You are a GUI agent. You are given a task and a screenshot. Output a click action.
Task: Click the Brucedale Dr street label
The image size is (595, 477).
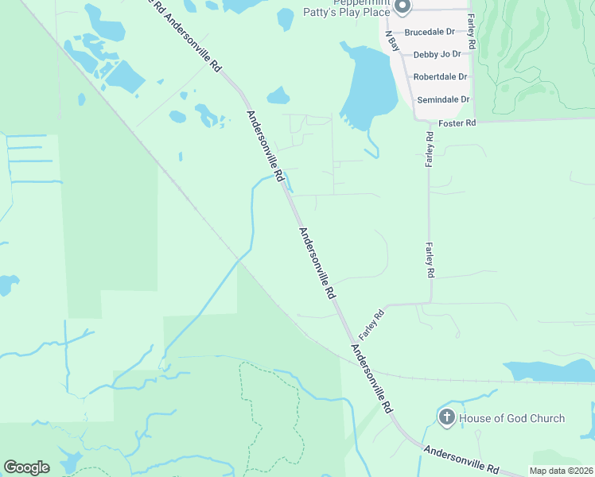coord(429,33)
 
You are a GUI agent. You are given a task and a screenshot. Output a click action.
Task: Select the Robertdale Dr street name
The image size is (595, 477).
coord(440,77)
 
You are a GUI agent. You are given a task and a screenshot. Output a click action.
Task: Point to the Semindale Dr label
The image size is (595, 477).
coord(442,99)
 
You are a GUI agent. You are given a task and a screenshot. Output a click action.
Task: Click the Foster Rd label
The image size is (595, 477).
coord(457,123)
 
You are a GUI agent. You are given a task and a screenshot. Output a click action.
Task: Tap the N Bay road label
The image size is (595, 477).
coord(391,41)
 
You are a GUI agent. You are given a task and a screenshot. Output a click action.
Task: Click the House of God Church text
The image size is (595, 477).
coord(513,418)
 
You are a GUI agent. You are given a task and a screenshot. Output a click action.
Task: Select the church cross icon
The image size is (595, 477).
coord(447,417)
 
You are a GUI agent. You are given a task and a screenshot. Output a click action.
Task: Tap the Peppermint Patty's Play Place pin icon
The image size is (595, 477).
coord(402,7)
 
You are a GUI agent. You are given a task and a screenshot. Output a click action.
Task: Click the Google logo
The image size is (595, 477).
coord(26,467)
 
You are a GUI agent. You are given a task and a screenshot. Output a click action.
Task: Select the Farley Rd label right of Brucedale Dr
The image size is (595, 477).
coord(471,32)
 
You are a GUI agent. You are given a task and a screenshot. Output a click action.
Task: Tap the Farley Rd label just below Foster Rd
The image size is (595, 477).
coord(430,149)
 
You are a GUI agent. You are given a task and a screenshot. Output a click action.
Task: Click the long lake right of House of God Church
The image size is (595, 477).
coord(549,370)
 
